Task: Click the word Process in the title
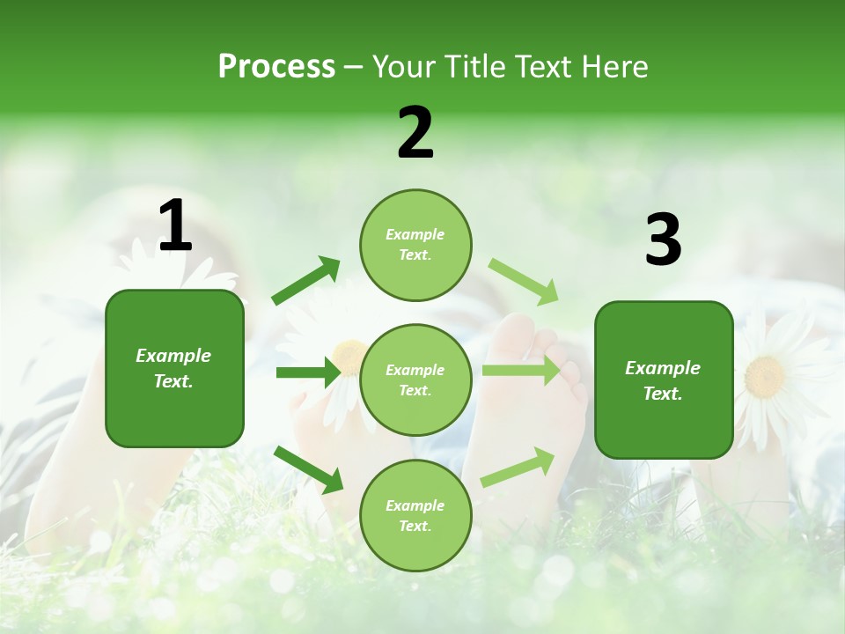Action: (x=276, y=67)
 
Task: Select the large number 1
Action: (x=174, y=227)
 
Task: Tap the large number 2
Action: (x=415, y=133)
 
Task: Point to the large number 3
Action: (x=663, y=240)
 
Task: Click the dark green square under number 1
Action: (x=174, y=368)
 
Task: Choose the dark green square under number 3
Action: (x=664, y=380)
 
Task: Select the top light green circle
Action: (x=415, y=244)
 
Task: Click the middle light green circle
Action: (x=415, y=380)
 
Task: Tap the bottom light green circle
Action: (x=415, y=515)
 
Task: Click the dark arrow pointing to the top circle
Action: (x=306, y=281)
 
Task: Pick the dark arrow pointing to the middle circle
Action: (x=307, y=372)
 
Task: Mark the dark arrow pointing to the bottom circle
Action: (x=309, y=469)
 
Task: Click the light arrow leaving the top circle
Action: (x=523, y=282)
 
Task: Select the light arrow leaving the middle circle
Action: (x=521, y=371)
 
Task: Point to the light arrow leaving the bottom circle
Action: (x=518, y=468)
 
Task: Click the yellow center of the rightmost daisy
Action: (x=764, y=376)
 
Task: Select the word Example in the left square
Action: (x=173, y=356)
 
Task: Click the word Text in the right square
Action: (x=663, y=394)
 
